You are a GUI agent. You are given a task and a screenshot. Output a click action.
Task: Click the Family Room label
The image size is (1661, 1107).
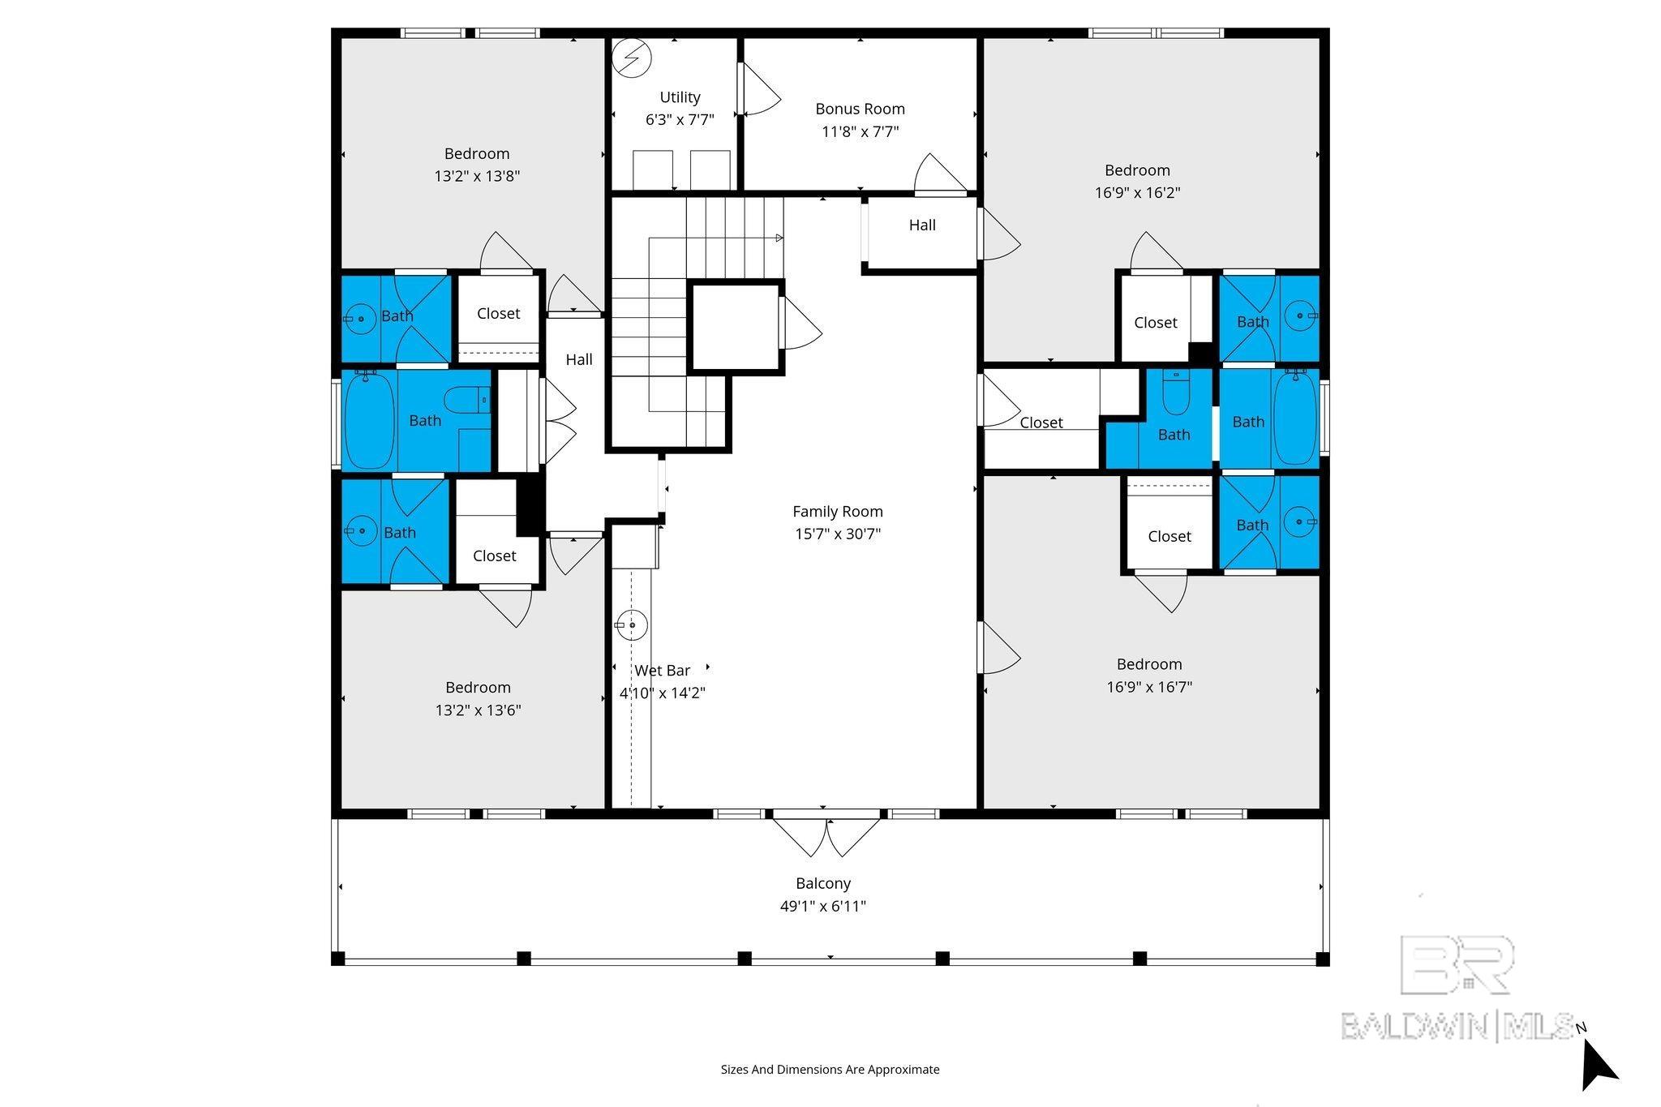tap(837, 512)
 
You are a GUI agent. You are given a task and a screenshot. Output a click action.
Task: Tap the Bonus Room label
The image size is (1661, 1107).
tap(860, 109)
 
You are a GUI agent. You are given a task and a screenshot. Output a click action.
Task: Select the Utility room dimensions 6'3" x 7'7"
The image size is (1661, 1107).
tap(680, 120)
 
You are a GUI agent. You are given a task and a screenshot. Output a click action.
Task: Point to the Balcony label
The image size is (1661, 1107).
tap(823, 884)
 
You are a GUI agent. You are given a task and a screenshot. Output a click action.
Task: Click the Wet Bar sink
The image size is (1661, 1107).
tap(631, 625)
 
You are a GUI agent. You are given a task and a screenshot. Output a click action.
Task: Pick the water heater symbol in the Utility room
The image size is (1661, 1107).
tap(632, 58)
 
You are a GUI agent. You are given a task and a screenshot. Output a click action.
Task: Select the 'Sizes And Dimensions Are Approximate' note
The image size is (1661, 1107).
tap(830, 1070)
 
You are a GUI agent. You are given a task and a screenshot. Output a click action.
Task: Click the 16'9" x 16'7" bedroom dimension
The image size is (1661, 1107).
tap(1149, 687)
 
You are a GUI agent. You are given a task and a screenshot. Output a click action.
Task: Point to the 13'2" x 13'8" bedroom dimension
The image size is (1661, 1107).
tap(477, 176)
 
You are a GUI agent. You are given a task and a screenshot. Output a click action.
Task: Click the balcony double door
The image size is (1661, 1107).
tap(826, 836)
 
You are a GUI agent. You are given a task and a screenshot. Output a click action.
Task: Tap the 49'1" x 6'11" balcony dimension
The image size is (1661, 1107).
tap(823, 907)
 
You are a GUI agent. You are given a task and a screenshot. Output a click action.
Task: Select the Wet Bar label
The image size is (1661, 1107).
tap(663, 671)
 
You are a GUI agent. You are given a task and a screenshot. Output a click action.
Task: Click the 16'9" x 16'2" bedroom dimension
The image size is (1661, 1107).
tap(1137, 193)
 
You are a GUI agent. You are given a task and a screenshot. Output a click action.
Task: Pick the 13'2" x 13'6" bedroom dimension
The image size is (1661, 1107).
tap(478, 710)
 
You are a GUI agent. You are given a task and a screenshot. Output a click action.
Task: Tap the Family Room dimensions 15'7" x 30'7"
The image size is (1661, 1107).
tap(837, 534)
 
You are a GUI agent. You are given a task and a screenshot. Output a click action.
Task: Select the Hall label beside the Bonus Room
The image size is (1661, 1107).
tap(922, 225)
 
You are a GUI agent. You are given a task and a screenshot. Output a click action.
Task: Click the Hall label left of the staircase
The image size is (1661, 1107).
tap(579, 359)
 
